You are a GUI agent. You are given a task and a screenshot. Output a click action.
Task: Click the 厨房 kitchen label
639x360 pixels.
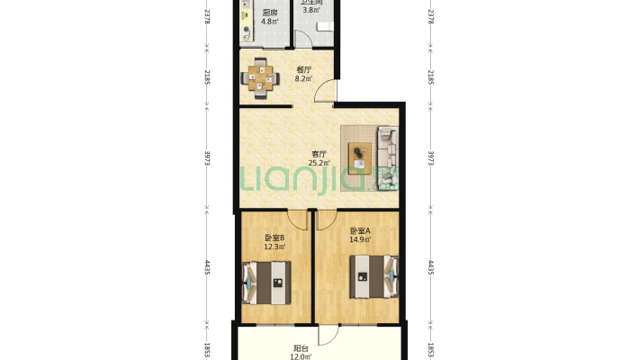[x=269, y=13]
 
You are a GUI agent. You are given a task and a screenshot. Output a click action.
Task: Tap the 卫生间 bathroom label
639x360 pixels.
[x=311, y=3]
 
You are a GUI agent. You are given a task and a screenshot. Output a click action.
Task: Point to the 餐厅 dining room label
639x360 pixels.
[x=303, y=69]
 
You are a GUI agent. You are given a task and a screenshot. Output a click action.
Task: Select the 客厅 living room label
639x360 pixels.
[x=319, y=154]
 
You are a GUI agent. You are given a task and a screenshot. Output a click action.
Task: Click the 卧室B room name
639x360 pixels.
[x=274, y=238]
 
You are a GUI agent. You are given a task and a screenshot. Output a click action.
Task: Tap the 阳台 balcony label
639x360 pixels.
[x=301, y=348]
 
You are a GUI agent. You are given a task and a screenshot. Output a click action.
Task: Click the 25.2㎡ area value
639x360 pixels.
[x=319, y=164]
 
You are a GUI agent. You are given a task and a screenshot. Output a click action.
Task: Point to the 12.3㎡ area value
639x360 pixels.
[x=274, y=247]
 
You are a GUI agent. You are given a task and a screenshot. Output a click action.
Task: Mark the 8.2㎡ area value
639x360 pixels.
[x=303, y=78]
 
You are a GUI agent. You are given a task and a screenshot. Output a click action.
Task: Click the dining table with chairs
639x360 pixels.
[x=261, y=76]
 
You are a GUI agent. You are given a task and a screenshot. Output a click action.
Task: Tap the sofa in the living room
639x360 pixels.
[x=387, y=157]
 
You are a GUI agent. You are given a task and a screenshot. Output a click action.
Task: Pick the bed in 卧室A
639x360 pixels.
[x=373, y=276]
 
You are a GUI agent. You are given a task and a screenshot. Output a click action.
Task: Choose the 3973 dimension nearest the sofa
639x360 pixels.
[x=431, y=157]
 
